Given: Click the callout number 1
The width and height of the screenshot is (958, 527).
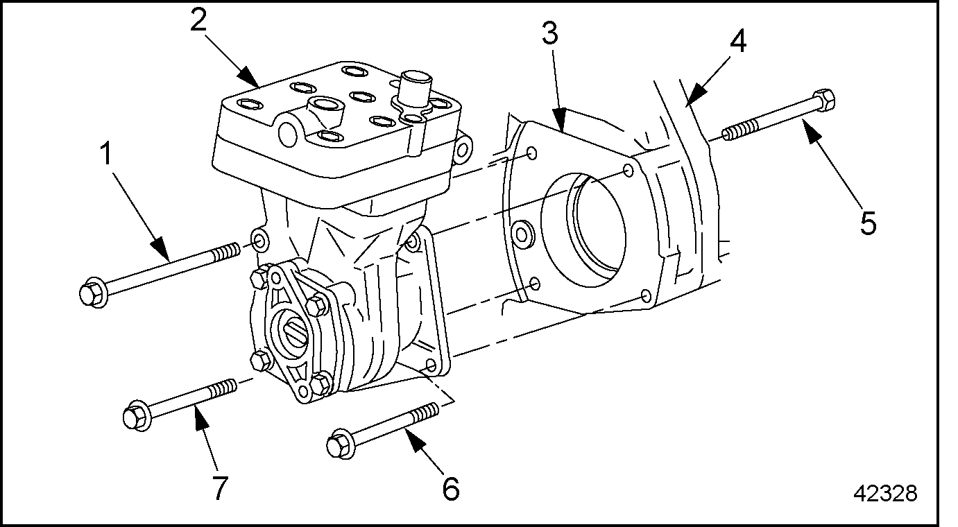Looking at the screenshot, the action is [x=106, y=154].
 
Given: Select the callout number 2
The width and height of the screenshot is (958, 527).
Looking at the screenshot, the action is [x=198, y=19].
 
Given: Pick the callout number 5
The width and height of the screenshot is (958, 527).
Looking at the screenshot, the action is [x=869, y=223].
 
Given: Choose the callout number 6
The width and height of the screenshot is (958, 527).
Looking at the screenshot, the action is [x=451, y=489].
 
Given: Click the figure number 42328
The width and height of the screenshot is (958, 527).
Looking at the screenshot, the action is [x=885, y=494].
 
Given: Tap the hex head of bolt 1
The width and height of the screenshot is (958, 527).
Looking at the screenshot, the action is [x=93, y=293].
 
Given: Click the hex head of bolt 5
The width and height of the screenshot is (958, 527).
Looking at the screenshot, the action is [x=823, y=101].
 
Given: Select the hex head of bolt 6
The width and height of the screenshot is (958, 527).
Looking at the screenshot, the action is [x=341, y=444].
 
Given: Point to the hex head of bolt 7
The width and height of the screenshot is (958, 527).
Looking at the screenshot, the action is [x=136, y=415].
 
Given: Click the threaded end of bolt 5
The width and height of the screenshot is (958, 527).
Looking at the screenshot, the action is [x=740, y=129].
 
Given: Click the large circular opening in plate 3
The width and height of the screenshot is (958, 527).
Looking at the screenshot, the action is [x=584, y=230].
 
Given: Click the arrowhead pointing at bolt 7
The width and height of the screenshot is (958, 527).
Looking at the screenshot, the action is [x=202, y=417].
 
